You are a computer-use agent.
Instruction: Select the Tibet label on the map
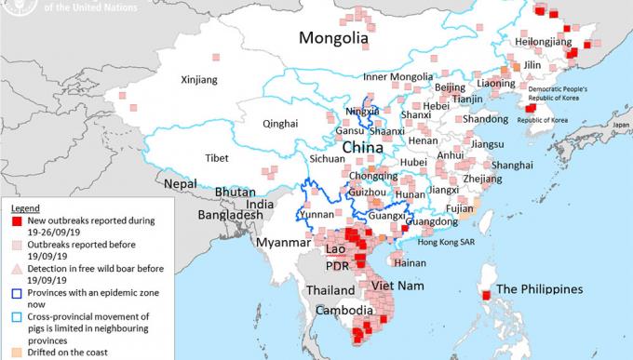(x=217, y=157)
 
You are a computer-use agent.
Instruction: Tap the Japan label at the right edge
(x=622, y=124)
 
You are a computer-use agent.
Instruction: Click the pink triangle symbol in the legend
(x=9, y=269)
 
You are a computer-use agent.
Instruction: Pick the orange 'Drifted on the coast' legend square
(x=9, y=352)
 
